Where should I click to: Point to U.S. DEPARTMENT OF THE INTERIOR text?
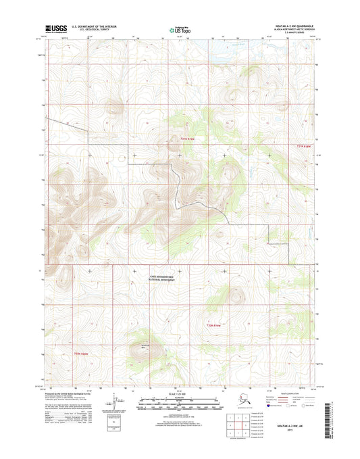point(90,26)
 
